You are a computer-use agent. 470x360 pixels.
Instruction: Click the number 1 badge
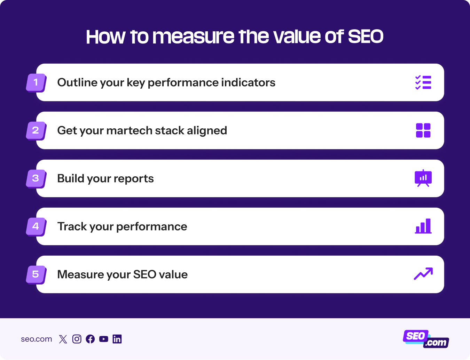click(x=36, y=82)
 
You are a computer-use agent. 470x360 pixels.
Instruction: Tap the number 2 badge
click(x=36, y=130)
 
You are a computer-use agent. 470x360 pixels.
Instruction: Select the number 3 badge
click(x=36, y=178)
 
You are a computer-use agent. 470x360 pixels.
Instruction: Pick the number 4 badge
click(x=36, y=226)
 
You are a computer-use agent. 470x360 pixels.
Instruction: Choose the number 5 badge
click(x=36, y=274)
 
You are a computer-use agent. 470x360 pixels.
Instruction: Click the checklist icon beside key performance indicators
click(x=423, y=82)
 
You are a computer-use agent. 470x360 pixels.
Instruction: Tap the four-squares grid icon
click(x=423, y=130)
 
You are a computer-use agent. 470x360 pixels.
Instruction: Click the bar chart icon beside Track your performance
click(x=423, y=226)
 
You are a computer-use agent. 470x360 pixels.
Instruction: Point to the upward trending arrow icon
click(x=423, y=274)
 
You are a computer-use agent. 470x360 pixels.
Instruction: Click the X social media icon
click(x=63, y=339)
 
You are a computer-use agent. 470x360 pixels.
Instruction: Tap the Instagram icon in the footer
click(x=77, y=339)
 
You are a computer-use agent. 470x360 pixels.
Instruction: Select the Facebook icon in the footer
click(x=90, y=339)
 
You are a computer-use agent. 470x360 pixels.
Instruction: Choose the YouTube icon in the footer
click(x=104, y=339)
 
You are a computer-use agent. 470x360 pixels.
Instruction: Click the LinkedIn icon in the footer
click(x=117, y=339)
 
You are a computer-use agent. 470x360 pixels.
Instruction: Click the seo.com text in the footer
click(x=36, y=339)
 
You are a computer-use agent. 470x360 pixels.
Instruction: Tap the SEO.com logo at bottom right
click(x=426, y=339)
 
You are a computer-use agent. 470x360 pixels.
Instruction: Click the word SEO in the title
click(x=366, y=37)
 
